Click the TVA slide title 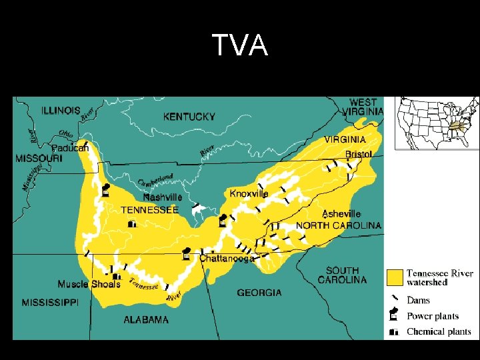click(x=240, y=45)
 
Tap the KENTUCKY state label click(x=189, y=117)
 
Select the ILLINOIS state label click(x=61, y=110)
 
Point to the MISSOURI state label click(x=39, y=159)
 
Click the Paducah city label click(x=70, y=148)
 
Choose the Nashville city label click(x=163, y=197)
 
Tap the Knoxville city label click(x=249, y=193)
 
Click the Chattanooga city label click(x=227, y=259)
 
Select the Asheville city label click(x=341, y=214)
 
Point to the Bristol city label click(x=358, y=154)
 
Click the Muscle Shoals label click(x=89, y=284)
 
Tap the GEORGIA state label click(x=259, y=293)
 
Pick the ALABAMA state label click(x=146, y=320)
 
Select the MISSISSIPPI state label click(x=50, y=303)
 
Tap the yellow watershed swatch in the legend click(x=395, y=277)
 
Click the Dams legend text click(x=418, y=301)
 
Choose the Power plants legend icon click(x=395, y=315)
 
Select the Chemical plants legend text click(x=439, y=331)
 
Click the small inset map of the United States click(x=436, y=123)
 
